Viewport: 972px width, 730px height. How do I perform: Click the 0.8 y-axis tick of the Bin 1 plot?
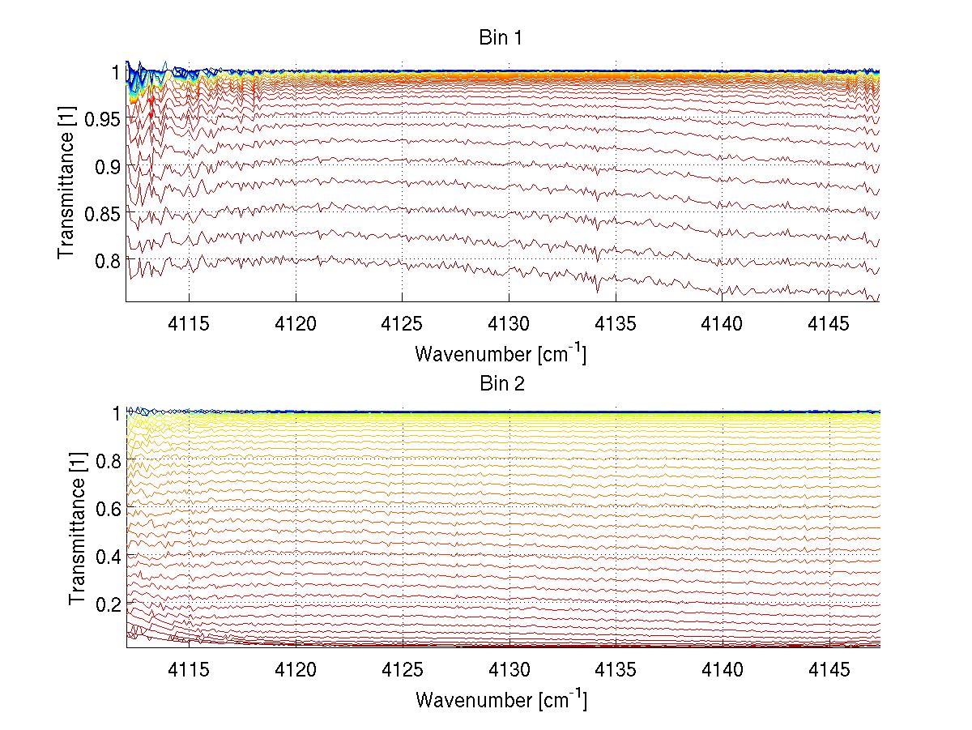[105, 260]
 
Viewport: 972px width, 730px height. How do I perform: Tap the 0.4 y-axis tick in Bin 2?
[105, 556]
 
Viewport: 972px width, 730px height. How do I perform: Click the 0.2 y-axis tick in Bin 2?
[105, 604]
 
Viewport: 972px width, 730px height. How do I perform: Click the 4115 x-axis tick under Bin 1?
[190, 324]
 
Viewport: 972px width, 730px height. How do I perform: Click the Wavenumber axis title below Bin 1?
[501, 353]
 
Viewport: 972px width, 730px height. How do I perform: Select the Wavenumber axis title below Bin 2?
[501, 699]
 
